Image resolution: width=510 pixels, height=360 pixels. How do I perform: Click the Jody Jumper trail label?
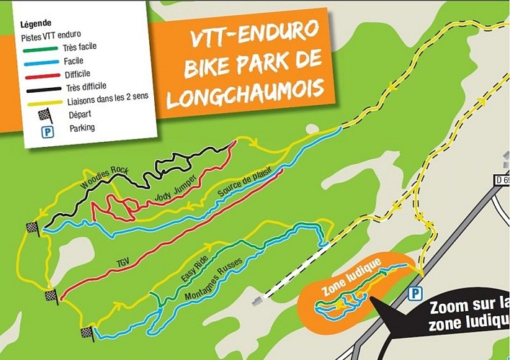[x=175, y=189]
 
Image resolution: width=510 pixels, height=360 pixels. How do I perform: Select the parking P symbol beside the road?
[x=413, y=294]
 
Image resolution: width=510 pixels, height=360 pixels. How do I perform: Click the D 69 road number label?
[x=501, y=180]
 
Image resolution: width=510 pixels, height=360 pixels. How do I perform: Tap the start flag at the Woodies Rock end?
[x=32, y=228]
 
